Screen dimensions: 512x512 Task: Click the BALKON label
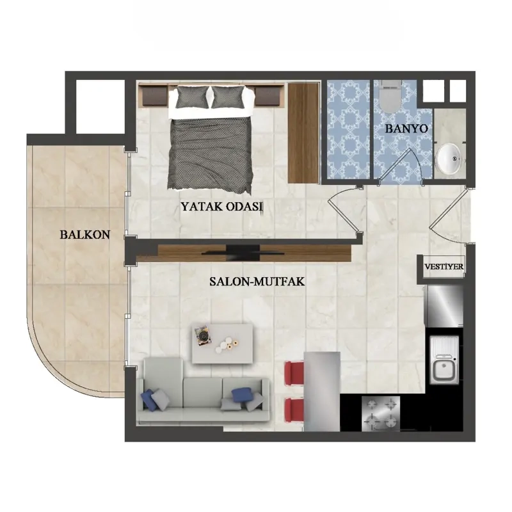pos(85,235)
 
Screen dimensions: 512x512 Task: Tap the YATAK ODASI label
pos(222,207)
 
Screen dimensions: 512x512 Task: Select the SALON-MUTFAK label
pos(257,282)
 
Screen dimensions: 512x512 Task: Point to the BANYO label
pos(406,129)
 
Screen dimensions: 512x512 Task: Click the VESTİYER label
pos(444,266)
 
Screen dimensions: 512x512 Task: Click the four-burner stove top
pos(381,413)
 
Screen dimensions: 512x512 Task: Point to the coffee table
pos(222,344)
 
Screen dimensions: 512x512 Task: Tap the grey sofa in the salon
pos(203,391)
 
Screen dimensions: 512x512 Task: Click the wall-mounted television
pos(243,253)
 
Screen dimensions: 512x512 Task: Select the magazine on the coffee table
pos(202,336)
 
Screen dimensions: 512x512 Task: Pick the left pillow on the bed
pos(192,97)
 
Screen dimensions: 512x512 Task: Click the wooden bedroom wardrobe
pos(303,133)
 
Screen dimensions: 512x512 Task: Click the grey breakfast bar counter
pos(322,391)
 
